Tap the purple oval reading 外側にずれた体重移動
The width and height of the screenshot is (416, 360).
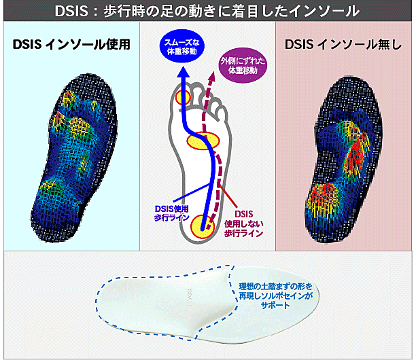click(243, 66)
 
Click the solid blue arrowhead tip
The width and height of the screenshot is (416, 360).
click(184, 67)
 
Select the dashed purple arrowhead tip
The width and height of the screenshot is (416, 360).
click(212, 71)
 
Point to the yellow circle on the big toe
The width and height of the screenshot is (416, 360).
click(184, 98)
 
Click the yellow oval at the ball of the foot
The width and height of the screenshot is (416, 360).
click(203, 141)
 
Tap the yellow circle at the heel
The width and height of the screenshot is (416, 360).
click(202, 226)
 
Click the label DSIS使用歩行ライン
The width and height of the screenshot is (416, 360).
click(172, 213)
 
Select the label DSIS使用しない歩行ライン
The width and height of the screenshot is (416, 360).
click(244, 223)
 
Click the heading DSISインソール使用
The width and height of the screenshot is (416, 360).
click(71, 44)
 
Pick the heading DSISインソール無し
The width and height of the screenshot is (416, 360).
click(343, 44)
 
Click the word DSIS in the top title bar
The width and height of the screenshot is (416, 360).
click(71, 11)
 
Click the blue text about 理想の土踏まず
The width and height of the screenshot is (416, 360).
click(276, 295)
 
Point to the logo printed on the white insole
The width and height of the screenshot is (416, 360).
click(190, 298)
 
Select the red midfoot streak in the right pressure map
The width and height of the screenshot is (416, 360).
click(356, 156)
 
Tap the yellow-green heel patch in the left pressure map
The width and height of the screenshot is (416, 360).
click(50, 187)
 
